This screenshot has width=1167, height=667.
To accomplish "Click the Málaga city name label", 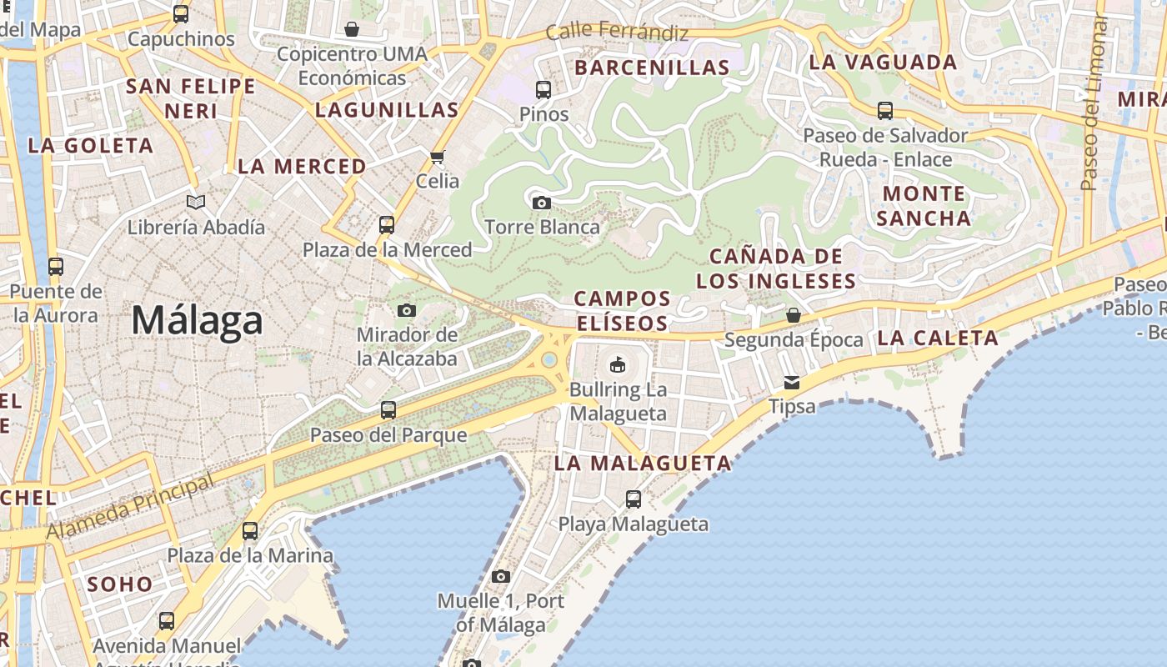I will pos(197,321).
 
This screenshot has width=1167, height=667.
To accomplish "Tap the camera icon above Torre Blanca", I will pos(541,203).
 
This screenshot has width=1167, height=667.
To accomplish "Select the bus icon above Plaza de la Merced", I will pos(386,224).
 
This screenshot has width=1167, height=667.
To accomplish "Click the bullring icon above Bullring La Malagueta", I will pos(617,364).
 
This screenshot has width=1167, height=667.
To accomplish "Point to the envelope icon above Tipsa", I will pos(791,383).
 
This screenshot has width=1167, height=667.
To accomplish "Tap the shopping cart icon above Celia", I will pos(437,157).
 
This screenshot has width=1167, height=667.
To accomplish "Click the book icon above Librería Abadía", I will pos(196,202).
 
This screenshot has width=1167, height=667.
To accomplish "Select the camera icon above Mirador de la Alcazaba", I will pos(406,311).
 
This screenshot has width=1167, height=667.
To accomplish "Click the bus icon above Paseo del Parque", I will pos(388,410).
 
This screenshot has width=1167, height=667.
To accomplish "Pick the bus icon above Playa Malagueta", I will pos(633,499).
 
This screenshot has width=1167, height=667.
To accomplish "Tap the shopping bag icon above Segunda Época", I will pos(793,315).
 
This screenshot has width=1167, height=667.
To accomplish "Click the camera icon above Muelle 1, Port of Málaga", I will pos(500,576).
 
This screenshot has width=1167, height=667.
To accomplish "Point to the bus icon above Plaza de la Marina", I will pos(249,530).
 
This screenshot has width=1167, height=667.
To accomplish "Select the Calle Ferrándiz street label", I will pos(617,33).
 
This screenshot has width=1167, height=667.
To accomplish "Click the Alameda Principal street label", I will pos(130,506).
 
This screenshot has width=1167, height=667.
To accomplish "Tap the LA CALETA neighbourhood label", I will pos(938,338).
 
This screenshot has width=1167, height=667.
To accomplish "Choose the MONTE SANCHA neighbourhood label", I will pos(924,206).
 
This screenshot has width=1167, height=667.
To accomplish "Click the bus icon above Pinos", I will pos(543,89).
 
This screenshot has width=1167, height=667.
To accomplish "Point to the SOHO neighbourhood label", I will pos(120,584).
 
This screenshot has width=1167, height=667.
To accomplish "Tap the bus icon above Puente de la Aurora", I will pos(56,267).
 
